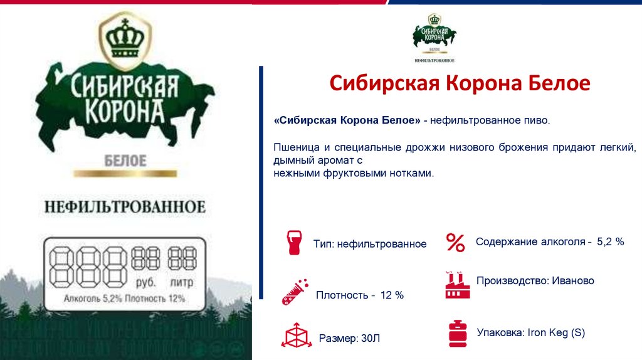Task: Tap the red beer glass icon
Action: [293, 243]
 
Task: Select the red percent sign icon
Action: [455, 242]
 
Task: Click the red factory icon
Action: [457, 285]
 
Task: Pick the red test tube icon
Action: [293, 292]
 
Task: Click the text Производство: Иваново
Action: [535, 281]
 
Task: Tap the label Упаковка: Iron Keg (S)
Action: [530, 332]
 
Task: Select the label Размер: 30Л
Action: [349, 339]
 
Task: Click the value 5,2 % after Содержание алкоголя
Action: [611, 241]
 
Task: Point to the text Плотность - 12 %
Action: [359, 295]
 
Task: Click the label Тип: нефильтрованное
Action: [370, 244]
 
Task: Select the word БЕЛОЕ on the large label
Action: [125, 161]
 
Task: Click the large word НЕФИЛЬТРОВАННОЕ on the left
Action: [125, 206]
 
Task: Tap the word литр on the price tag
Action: [181, 282]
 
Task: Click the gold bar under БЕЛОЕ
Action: [125, 174]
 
